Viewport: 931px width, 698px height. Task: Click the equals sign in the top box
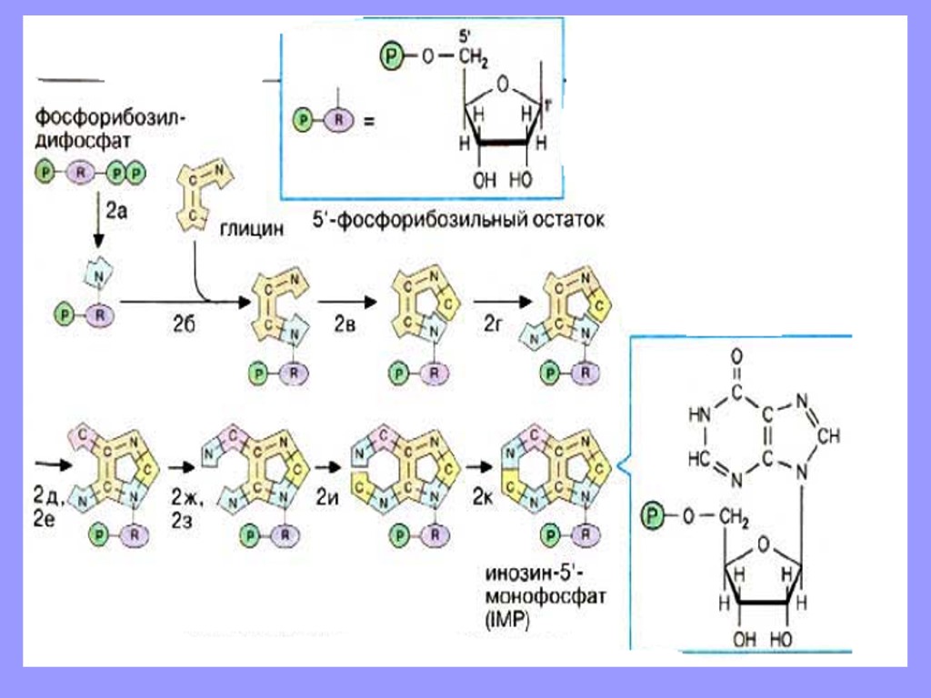368,119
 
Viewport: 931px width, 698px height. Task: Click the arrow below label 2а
97,231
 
